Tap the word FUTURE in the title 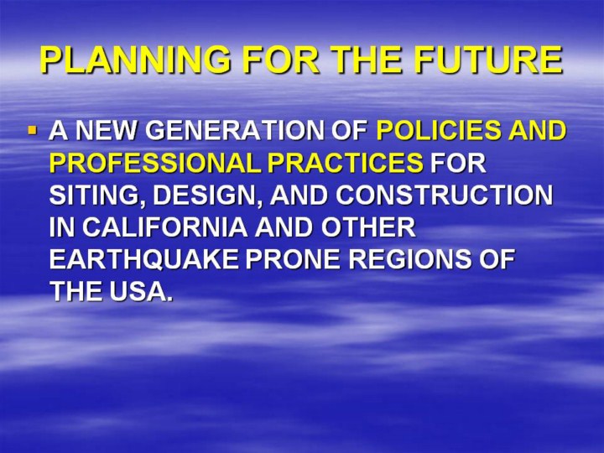(x=488, y=60)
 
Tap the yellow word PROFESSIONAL (x=154, y=163)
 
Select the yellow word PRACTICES (x=345, y=163)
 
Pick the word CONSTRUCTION (x=444, y=195)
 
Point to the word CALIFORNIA (x=164, y=227)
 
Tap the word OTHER (x=368, y=227)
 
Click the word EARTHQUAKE (x=143, y=259)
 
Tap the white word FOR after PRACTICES (x=458, y=163)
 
